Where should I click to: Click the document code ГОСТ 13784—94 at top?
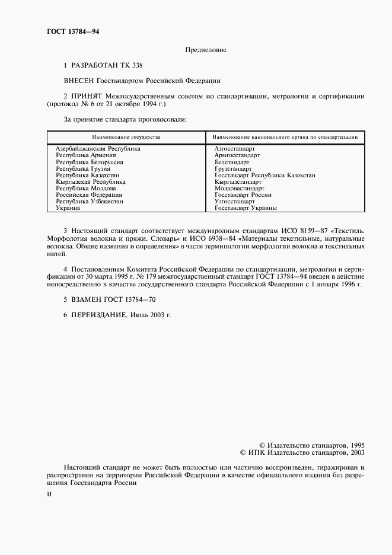click(x=73, y=31)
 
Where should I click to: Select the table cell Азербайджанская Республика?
click(x=98, y=149)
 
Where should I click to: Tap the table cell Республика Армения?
click(x=85, y=155)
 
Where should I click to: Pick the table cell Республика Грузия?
click(x=83, y=168)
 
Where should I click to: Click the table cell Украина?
click(x=68, y=208)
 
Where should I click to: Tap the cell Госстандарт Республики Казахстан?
click(x=264, y=175)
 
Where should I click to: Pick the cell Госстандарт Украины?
click(x=246, y=208)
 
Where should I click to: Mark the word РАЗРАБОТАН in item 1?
click(x=98, y=65)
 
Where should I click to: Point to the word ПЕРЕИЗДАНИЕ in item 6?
click(x=99, y=315)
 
